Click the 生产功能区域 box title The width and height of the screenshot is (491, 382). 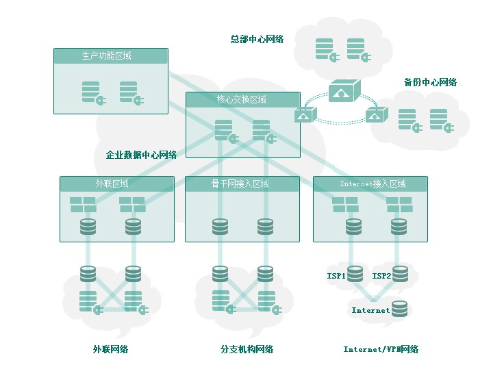coord(106,55)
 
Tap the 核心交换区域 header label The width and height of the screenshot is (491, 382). coord(242,99)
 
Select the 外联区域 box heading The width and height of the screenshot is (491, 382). coord(112,183)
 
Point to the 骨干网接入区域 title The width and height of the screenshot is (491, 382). coord(240,183)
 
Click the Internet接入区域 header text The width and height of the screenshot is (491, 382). coord(373,183)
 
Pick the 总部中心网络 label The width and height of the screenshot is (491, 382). coord(257,39)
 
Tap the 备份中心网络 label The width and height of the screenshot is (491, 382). coord(430,82)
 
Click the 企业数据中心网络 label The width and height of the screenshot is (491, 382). coord(141,155)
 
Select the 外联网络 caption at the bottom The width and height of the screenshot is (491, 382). coord(110,349)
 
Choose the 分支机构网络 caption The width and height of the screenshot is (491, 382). coord(247,349)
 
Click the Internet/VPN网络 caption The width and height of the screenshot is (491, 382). coord(381,349)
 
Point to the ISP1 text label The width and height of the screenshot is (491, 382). coord(336,276)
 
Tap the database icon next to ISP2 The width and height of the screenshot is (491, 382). coord(400,274)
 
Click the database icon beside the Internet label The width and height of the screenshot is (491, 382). coord(399,309)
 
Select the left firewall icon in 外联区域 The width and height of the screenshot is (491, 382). coord(83,205)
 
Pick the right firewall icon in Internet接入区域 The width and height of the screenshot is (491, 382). coord(399,205)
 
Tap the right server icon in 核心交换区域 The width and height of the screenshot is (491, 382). coord(264,131)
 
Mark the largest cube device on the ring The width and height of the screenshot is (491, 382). coord(344,91)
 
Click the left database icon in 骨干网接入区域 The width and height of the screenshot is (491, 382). coord(220,227)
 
